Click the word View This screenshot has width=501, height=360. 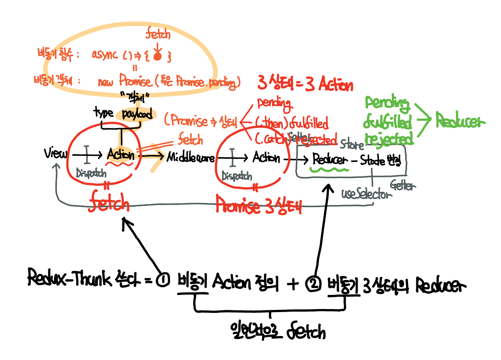click(x=55, y=154)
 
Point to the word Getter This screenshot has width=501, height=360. click(x=403, y=185)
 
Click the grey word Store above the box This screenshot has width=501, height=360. click(x=352, y=146)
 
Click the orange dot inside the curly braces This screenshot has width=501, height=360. click(x=158, y=56)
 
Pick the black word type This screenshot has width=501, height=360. click(x=104, y=113)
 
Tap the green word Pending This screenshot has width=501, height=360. click(x=387, y=104)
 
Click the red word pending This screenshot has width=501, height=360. click(x=274, y=104)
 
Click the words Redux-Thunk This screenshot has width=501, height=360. click(x=69, y=279)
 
